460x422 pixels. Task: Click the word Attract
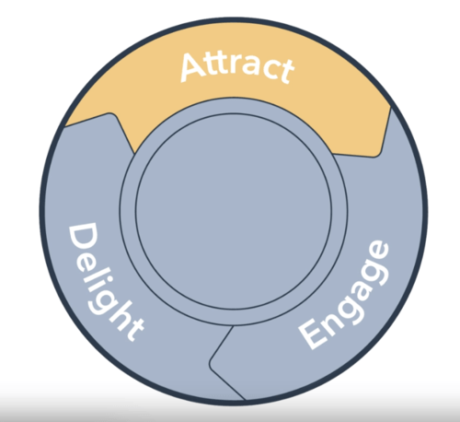(237, 68)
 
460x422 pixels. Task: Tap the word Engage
(344, 295)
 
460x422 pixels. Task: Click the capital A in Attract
(192, 67)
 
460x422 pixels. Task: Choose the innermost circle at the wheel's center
(234, 211)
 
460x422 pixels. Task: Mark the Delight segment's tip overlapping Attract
(111, 114)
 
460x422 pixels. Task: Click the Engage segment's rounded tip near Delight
(213, 362)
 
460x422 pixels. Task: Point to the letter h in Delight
(119, 320)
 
